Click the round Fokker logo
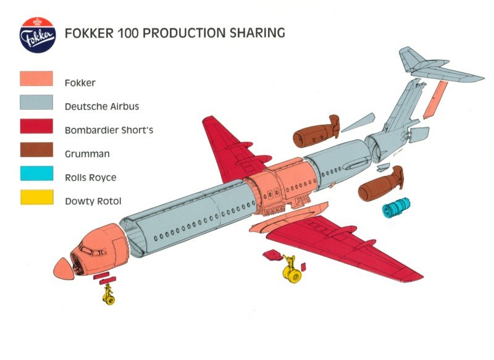[38, 35]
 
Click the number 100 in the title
[128, 33]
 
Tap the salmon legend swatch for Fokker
[36, 78]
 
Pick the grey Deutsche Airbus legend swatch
[36, 103]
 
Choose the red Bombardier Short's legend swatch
[36, 126]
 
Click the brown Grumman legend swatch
[36, 149]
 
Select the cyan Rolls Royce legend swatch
[36, 174]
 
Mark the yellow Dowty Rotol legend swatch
[36, 197]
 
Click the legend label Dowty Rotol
[93, 201]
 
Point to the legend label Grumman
[87, 154]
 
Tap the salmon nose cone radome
[64, 269]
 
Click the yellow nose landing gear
[109, 295]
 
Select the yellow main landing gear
[292, 269]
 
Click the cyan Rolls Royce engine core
[396, 207]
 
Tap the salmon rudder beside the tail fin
[435, 99]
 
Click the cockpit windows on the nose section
[92, 250]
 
